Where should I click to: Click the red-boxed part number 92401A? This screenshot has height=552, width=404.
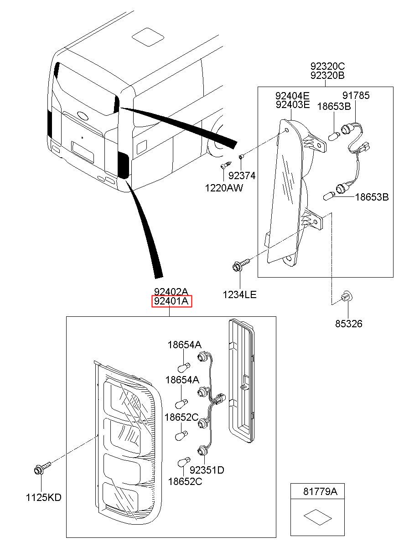(x=171, y=301)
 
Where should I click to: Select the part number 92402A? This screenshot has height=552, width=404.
(x=171, y=292)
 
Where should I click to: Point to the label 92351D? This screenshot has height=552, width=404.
(x=207, y=470)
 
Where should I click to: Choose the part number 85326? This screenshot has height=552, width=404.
(x=348, y=324)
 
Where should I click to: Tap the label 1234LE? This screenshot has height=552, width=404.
(x=239, y=295)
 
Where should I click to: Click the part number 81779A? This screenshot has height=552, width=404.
(x=320, y=492)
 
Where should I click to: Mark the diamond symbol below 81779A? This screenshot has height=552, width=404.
(x=318, y=517)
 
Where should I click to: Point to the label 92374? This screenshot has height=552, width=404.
(x=242, y=175)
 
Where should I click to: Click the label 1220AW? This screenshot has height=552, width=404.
(x=224, y=188)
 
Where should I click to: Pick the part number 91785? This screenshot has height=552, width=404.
(x=356, y=96)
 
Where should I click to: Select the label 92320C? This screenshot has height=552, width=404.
(x=327, y=66)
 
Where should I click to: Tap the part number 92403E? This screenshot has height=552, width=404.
(x=293, y=105)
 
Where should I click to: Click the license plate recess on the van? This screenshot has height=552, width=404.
(x=83, y=152)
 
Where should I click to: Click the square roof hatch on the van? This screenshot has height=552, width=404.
(x=148, y=37)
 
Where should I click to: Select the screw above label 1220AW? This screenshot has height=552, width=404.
(x=226, y=165)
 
